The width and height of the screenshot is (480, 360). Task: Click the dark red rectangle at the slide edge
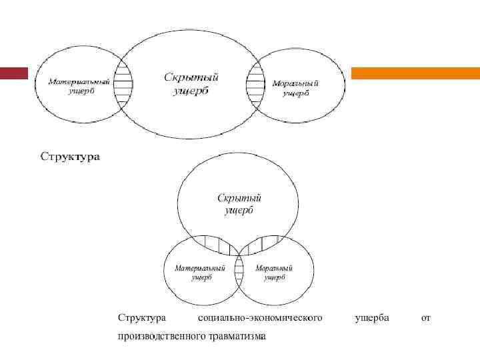click(13, 73)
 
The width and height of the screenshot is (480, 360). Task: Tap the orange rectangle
click(415, 73)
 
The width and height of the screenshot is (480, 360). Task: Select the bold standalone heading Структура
click(70, 158)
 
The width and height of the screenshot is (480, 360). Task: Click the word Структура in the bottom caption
click(141, 318)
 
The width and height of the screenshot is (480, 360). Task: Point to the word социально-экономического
click(260, 318)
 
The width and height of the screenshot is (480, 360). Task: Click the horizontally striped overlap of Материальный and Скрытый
click(122, 83)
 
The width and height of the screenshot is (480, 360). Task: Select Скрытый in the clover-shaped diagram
click(239, 203)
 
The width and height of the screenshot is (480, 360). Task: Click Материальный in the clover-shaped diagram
click(200, 272)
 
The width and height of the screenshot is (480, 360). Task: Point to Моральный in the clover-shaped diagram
click(274, 272)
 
